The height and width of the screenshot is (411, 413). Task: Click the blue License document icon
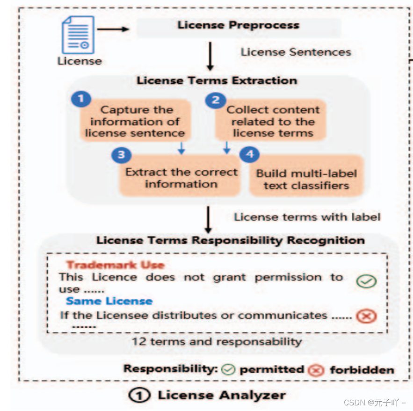pos(78,35)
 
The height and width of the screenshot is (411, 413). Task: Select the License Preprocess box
pos(239,26)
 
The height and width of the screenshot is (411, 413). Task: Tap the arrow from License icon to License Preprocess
pos(113,29)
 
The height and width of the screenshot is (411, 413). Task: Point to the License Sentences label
pos(296,52)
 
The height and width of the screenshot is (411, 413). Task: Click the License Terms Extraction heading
pos(217,80)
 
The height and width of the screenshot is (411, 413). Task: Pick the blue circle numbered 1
pos(81,100)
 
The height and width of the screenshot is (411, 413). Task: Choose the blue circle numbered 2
pos(216,100)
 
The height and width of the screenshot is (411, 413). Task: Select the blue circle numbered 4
pos(249,155)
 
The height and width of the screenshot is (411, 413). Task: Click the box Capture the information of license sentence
pos(135,121)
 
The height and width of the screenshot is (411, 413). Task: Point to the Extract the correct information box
pos(181,178)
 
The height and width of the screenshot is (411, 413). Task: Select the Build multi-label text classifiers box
pos(306,179)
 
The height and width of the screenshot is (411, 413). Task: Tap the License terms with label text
pos(307,217)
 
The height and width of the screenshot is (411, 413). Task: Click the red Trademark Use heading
pos(115,265)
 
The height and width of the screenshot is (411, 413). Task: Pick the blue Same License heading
pos(109,301)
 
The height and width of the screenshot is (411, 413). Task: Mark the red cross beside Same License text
pos(366,317)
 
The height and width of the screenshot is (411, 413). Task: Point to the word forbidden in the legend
pos(362,370)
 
